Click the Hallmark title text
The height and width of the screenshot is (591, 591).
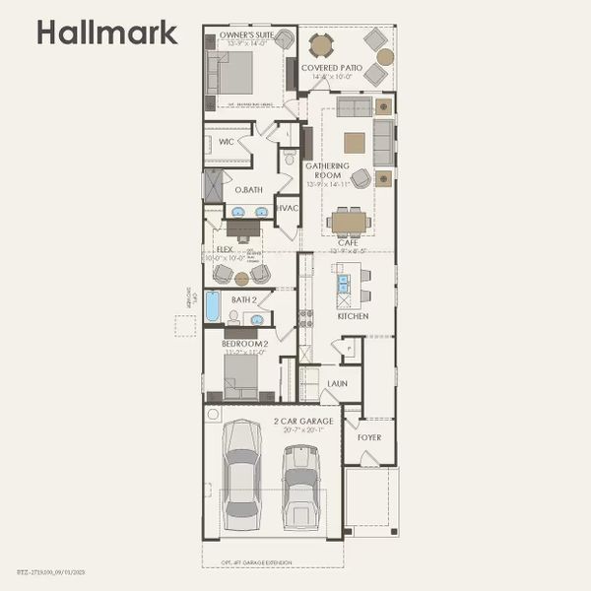(107, 33)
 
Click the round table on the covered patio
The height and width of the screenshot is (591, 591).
(322, 45)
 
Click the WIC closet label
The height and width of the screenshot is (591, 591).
(226, 142)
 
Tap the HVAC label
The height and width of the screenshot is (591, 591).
(287, 209)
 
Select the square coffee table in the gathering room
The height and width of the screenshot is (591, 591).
(354, 143)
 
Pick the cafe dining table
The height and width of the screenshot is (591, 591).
(347, 222)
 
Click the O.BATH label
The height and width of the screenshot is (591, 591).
(247, 189)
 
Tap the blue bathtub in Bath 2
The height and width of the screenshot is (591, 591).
(213, 306)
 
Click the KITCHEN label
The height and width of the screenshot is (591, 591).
(353, 316)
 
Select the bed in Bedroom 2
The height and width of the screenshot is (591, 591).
(240, 374)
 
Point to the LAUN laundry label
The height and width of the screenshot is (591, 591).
(337, 384)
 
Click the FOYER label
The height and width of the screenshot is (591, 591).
(368, 437)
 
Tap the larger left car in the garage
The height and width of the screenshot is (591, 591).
(241, 472)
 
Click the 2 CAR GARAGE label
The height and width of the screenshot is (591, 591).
(303, 422)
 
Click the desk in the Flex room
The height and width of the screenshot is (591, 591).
(242, 228)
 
